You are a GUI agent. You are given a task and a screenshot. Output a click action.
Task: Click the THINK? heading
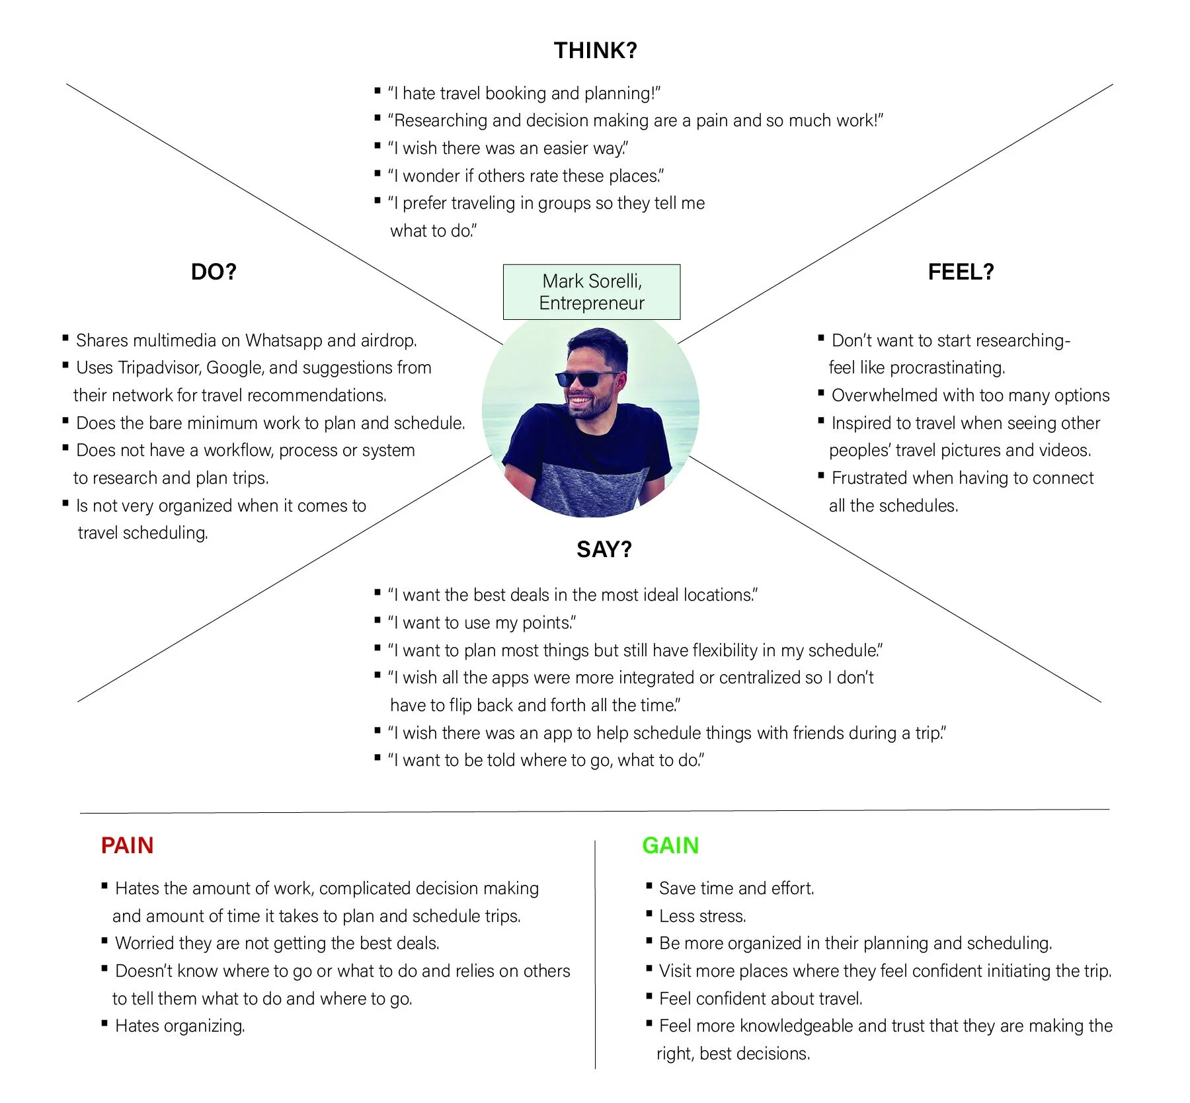[x=595, y=51]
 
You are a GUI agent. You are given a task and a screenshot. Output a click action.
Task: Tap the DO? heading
[x=214, y=272]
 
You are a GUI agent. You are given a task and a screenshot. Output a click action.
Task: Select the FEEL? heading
[x=961, y=272]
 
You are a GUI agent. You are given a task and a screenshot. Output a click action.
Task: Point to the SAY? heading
[x=604, y=549]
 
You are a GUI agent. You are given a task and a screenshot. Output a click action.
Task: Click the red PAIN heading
[x=127, y=845]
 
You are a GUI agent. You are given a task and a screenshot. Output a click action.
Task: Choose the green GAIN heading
[x=670, y=845]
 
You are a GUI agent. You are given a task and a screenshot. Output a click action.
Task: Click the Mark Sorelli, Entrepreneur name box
[x=592, y=292]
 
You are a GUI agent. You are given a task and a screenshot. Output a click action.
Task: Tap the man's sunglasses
[x=586, y=379]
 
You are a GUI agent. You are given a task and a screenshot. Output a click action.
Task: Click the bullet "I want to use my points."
[x=482, y=623]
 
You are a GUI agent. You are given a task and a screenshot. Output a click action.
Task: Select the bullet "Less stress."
[x=702, y=916]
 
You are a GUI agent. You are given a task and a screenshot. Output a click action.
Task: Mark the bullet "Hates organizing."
[x=180, y=1026]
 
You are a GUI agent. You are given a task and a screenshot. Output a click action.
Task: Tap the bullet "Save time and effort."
[x=736, y=888]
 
